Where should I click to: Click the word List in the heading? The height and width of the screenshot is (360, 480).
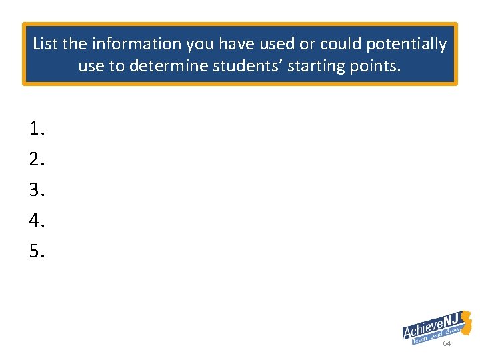tap(45, 44)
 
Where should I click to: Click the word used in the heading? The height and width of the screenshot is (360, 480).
tap(281, 44)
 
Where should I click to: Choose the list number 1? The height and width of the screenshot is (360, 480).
tap(37, 129)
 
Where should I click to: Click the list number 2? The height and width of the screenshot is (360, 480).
tap(37, 160)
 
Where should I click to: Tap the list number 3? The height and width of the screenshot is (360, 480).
tap(37, 191)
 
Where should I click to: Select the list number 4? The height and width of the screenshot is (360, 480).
tap(37, 221)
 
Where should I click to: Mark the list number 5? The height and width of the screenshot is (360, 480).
tap(37, 251)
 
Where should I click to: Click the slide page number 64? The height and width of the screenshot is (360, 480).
tap(447, 343)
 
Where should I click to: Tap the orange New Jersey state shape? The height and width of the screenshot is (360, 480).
tap(466, 323)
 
